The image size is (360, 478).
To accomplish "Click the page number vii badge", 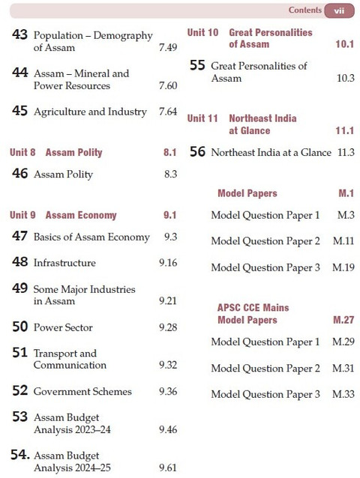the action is [339, 10].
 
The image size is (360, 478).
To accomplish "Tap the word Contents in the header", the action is [304, 10].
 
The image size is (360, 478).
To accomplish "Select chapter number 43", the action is [19, 34].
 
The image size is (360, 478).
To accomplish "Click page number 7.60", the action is [168, 85].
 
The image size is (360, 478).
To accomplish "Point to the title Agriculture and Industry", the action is [90, 112].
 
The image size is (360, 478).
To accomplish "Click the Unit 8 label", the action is [22, 152].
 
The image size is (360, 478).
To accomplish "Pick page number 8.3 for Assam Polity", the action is [170, 174].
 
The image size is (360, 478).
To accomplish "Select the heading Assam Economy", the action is [81, 215].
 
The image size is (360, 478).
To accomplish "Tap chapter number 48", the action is [19, 262].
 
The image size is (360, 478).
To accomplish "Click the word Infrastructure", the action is [64, 263].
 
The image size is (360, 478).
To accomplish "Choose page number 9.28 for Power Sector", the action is [168, 327].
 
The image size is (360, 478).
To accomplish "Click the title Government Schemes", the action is [82, 391].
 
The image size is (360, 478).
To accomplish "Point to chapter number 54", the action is [20, 455].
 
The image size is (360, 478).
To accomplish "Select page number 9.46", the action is [168, 429].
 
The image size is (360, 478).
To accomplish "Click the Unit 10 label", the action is [203, 33].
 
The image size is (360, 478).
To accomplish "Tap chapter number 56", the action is [197, 152].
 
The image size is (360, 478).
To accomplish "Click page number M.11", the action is [343, 241].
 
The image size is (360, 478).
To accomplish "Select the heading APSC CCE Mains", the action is [253, 308].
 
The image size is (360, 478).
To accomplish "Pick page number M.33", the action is [343, 395].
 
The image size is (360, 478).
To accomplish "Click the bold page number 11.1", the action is [345, 131].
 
